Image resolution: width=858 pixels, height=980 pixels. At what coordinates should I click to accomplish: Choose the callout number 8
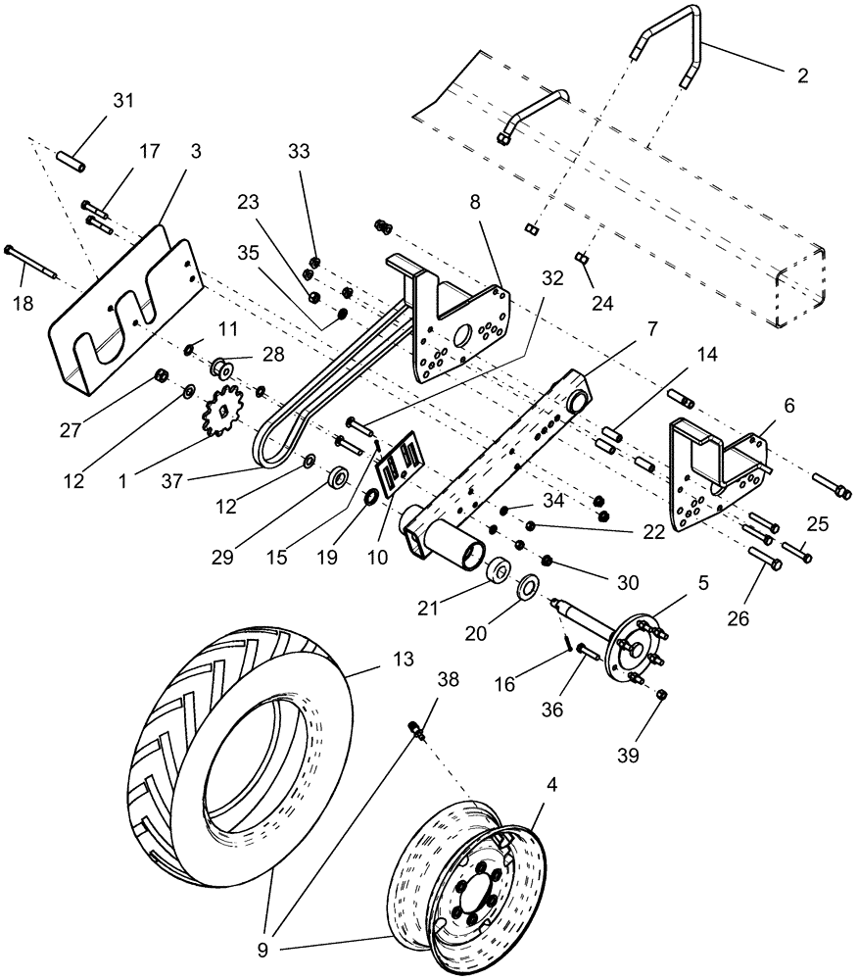coord(475,204)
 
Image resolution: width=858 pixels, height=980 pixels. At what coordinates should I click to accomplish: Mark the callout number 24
coord(601,303)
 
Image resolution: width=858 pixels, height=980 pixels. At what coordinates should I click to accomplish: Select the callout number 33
coord(299,152)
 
